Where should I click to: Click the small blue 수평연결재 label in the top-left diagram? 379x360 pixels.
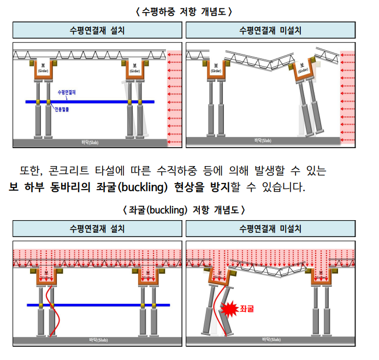click(66, 93)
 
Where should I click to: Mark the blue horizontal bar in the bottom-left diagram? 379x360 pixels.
click(98, 305)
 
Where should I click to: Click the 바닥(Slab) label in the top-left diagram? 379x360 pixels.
click(90, 143)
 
